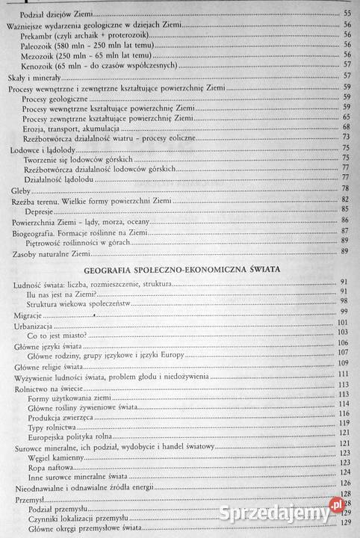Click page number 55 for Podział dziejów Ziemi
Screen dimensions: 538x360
pyautogui.click(x=347, y=14)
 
